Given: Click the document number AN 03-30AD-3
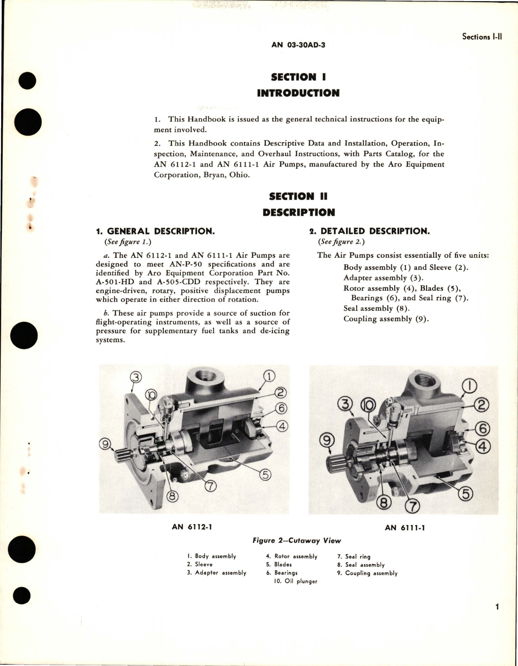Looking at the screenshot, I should [298, 45].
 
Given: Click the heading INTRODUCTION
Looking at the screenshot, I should [298, 93].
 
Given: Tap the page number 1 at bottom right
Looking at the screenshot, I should [497, 607].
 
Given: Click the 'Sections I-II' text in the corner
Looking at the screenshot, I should [482, 37].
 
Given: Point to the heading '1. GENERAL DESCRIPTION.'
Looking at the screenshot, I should [155, 231].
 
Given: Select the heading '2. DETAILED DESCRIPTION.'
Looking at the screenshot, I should [369, 231].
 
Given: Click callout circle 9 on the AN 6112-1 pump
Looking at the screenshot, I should [105, 445].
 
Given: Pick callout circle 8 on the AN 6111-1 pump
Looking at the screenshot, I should [384, 503].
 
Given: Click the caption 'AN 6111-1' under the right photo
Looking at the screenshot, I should [405, 527].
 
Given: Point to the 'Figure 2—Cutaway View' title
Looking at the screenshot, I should [296, 541].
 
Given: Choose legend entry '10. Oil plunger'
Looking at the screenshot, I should [296, 581].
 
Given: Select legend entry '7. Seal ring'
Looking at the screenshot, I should [354, 557].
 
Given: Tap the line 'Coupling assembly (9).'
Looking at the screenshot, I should [386, 319].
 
